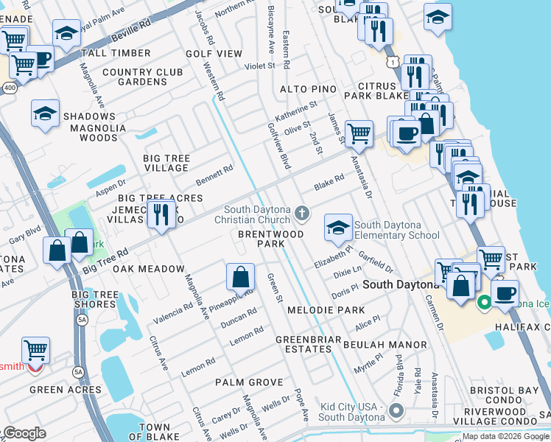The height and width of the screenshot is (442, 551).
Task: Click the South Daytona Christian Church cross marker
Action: tap(301, 214)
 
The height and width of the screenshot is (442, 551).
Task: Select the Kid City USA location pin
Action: tap(397, 411)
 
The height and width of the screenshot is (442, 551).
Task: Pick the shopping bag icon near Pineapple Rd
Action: tap(240, 278)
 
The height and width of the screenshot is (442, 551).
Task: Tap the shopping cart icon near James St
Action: tap(358, 133)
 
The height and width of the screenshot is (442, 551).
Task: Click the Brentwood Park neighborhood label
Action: tap(261, 238)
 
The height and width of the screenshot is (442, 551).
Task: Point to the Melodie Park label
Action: tap(326, 310)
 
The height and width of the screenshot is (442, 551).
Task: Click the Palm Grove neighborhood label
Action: tap(249, 382)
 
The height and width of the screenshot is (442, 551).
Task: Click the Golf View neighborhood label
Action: tap(214, 54)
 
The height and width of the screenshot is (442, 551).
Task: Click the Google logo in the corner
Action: tap(24, 433)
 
